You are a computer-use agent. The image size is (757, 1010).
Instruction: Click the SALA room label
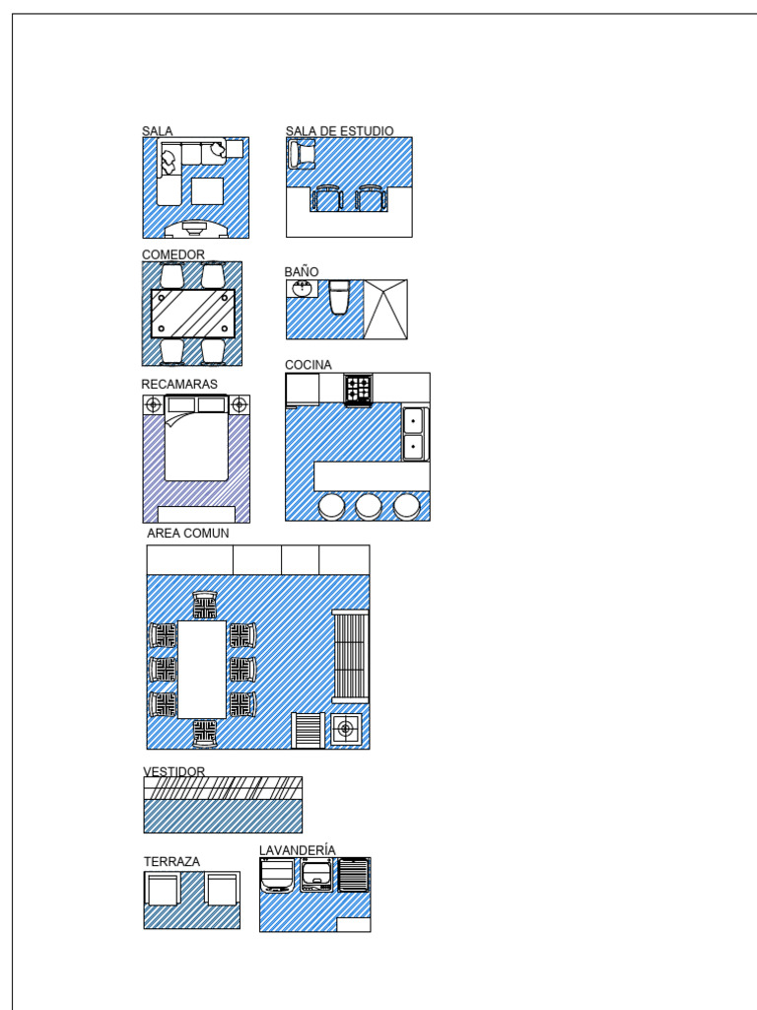[x=157, y=130]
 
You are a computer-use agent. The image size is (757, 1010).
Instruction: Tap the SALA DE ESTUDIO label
[x=339, y=130]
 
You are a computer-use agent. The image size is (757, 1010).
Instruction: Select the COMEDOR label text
[x=173, y=254]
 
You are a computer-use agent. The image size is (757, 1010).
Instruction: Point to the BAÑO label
[x=302, y=271]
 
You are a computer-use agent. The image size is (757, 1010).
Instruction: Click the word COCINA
[x=309, y=365]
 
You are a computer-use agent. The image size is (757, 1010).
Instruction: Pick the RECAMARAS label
[x=179, y=384]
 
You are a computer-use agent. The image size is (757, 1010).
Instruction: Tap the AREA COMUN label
[x=188, y=534]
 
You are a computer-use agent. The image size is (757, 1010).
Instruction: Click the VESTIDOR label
[x=174, y=770]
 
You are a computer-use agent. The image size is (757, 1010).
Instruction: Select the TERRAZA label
[x=172, y=861]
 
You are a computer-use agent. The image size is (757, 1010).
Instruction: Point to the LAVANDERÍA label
[x=298, y=849]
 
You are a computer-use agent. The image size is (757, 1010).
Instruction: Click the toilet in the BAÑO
[x=339, y=297]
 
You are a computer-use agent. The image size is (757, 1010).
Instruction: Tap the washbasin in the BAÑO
[x=302, y=288]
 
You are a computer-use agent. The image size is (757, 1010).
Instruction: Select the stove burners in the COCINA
[x=358, y=389]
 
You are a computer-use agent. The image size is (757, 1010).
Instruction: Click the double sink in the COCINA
[x=414, y=433]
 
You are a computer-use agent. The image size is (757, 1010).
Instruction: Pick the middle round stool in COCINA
[x=369, y=507]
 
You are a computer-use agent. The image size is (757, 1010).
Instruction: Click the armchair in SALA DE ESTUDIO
[x=301, y=154]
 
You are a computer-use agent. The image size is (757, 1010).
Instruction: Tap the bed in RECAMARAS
[x=196, y=444]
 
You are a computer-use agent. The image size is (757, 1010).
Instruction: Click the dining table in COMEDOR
[x=193, y=314]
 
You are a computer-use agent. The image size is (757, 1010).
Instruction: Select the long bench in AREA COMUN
[x=350, y=655]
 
